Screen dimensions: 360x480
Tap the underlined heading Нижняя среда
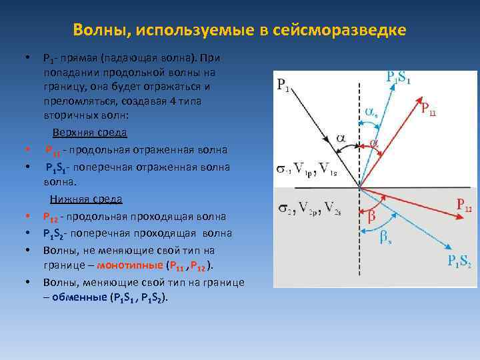pos(86,199)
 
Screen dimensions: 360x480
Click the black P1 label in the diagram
pos(283,85)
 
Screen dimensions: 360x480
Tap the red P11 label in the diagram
pos(429,109)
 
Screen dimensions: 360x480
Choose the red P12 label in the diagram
pos(463,205)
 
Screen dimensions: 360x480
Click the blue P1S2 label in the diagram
pos(459,261)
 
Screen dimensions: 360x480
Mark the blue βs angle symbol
pos(385,236)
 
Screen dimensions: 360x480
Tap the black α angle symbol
pos(341,137)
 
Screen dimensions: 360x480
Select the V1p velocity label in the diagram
pos(304,167)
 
